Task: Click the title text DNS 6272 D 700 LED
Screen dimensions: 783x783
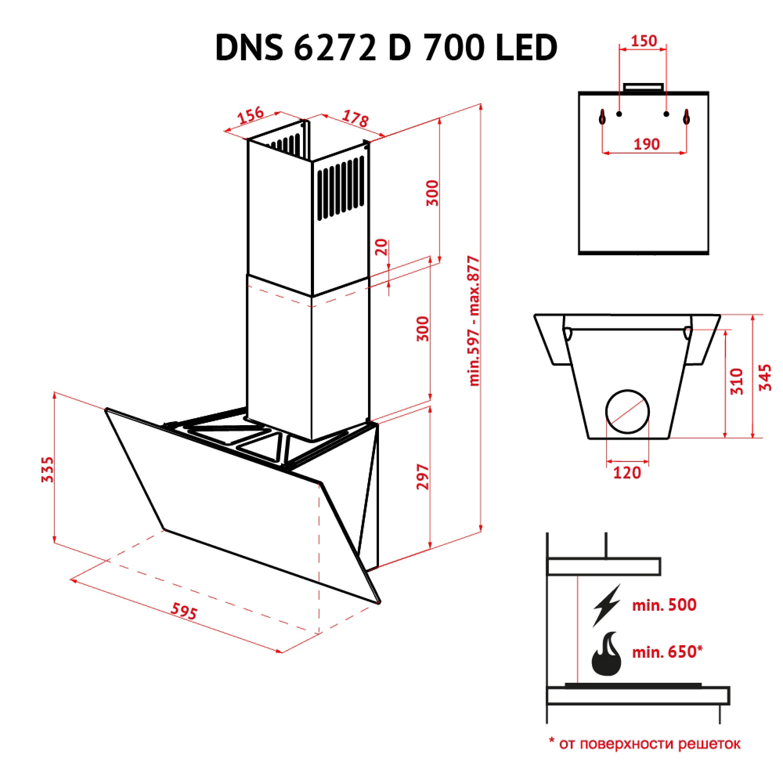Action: [x=386, y=48]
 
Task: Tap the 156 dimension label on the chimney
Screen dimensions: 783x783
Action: [x=251, y=115]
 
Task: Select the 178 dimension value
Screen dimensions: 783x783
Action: [x=355, y=118]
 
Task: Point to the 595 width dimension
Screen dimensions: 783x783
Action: [x=184, y=610]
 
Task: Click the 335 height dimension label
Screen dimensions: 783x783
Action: [x=48, y=469]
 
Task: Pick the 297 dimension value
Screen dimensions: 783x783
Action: [x=422, y=476]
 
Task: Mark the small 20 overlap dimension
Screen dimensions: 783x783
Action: [x=381, y=247]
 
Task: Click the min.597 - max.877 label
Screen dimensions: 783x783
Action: [x=474, y=321]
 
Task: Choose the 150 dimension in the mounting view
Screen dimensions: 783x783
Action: [x=644, y=41]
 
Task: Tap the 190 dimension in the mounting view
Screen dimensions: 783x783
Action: [x=646, y=144]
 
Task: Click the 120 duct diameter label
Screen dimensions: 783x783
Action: [x=627, y=473]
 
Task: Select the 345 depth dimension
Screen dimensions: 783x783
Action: [x=765, y=377]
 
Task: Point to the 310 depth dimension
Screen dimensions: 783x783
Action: [x=737, y=381]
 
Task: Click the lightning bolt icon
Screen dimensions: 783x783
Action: [x=607, y=605]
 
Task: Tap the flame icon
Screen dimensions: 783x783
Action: [x=606, y=654]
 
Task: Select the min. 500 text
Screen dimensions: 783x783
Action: [x=664, y=605]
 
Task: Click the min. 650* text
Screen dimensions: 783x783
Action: [x=667, y=652]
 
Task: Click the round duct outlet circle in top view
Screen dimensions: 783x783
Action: [x=627, y=411]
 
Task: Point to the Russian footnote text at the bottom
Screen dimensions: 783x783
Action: [x=644, y=744]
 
